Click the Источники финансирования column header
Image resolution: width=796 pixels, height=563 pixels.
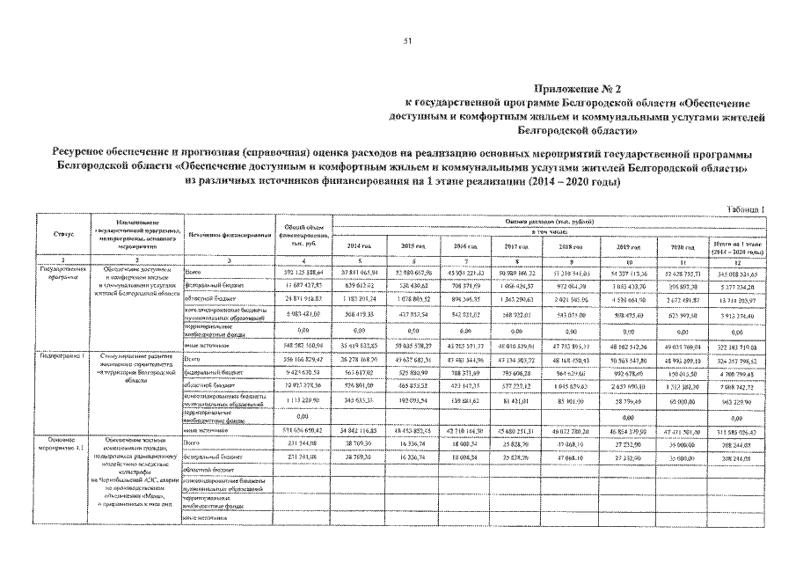(228, 235)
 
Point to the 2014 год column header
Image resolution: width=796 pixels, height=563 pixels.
(359, 245)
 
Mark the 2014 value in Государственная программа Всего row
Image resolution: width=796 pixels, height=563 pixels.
(359, 274)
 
